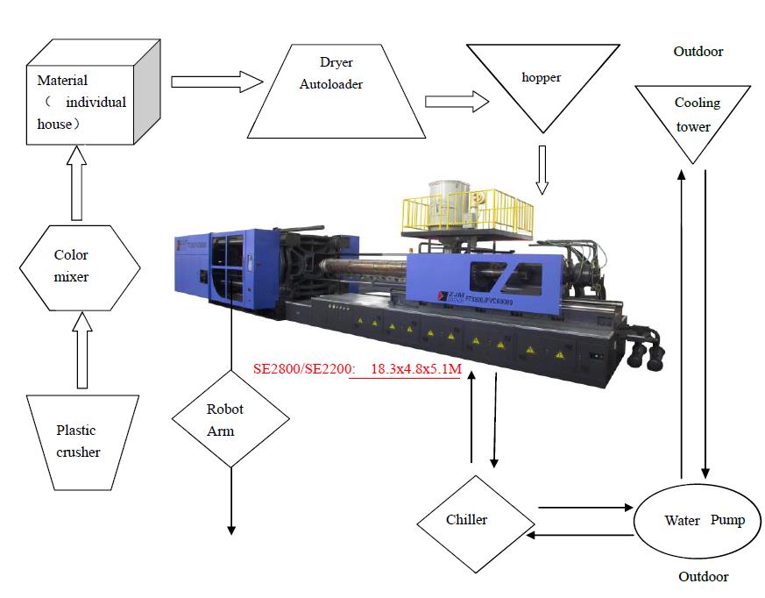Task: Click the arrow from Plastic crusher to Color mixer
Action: [82, 351]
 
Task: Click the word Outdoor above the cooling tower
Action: [698, 52]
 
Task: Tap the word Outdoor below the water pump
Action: [704, 576]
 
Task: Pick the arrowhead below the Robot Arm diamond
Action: [231, 528]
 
